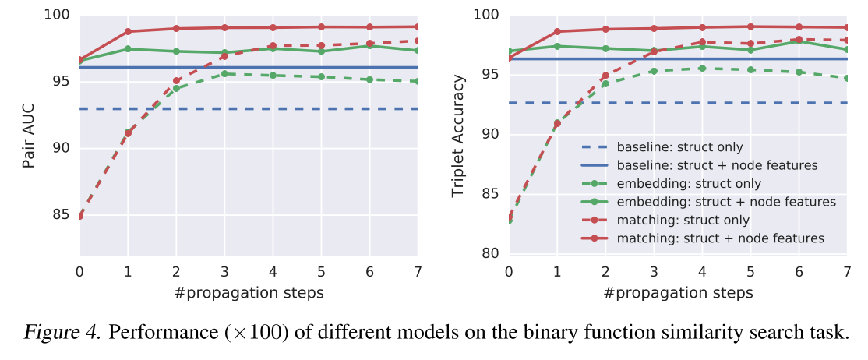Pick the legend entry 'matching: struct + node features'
click(x=720, y=238)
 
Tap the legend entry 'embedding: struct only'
click(x=689, y=183)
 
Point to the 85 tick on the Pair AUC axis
click(x=60, y=215)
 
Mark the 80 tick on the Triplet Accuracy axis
click(x=491, y=253)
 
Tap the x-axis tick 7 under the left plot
click(x=418, y=272)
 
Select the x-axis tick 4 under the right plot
click(x=702, y=272)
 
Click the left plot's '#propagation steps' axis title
click(x=248, y=293)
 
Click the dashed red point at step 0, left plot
click(x=79, y=216)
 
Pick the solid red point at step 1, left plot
click(x=128, y=31)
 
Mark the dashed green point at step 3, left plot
click(x=224, y=74)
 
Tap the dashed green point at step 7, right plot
click(x=847, y=78)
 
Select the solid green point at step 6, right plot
click(x=799, y=41)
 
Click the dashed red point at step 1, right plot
click(x=557, y=123)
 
